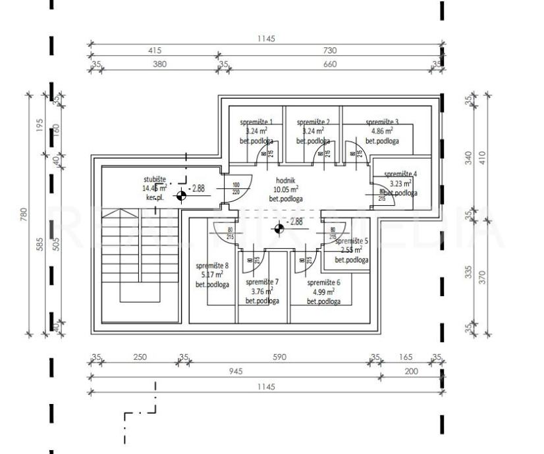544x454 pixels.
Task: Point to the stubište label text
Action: pyautogui.click(x=155, y=179)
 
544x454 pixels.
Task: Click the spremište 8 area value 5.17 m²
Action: pyautogui.click(x=211, y=275)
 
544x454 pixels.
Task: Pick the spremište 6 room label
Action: pyautogui.click(x=323, y=282)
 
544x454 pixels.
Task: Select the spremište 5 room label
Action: pyautogui.click(x=352, y=241)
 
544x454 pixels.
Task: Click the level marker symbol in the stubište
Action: pyautogui.click(x=180, y=195)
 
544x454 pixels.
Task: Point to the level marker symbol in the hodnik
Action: pyautogui.click(x=279, y=228)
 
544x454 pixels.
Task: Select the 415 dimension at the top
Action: pyautogui.click(x=155, y=51)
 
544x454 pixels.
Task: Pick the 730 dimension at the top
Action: pyautogui.click(x=330, y=51)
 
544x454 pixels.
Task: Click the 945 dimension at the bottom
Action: pyautogui.click(x=235, y=371)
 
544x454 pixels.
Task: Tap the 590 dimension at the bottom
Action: pyautogui.click(x=279, y=357)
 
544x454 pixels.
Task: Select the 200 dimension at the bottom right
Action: pyautogui.click(x=411, y=371)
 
